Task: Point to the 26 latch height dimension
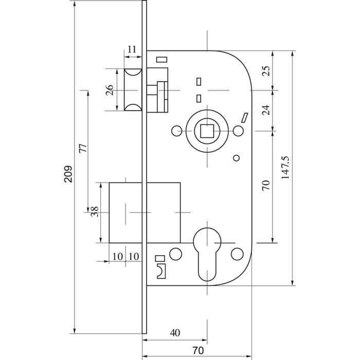[109, 91]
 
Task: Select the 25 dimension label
[266, 70]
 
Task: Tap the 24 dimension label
[266, 110]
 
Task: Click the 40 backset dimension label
[175, 333]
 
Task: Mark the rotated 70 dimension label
[266, 186]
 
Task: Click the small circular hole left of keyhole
[176, 254]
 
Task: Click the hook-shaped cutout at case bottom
[161, 270]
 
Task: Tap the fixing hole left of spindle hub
[176, 131]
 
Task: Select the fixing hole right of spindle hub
[238, 131]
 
